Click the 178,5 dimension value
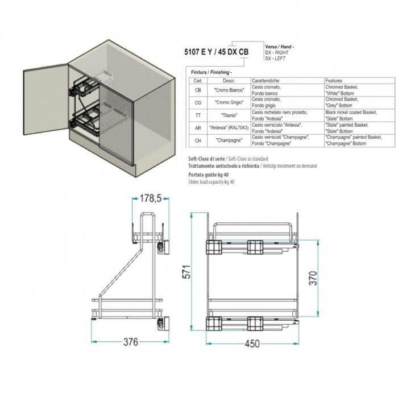click(x=151, y=198)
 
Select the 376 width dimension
click(x=131, y=342)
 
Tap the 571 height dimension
click(x=186, y=272)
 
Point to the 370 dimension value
click(x=313, y=278)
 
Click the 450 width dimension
click(x=252, y=343)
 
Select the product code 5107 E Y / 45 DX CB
click(x=217, y=52)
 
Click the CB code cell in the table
click(x=198, y=90)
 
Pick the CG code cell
click(x=198, y=102)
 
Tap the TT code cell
click(x=198, y=115)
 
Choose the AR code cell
click(x=198, y=128)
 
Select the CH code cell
click(x=198, y=140)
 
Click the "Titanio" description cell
click(x=229, y=115)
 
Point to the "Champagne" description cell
click(x=229, y=140)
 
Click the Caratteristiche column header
click(x=266, y=81)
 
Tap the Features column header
click(x=334, y=81)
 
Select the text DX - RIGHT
click(x=277, y=52)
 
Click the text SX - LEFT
click(x=275, y=59)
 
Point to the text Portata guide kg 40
click(x=209, y=175)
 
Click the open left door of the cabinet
click(x=46, y=100)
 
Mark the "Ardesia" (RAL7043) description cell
click(x=229, y=128)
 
